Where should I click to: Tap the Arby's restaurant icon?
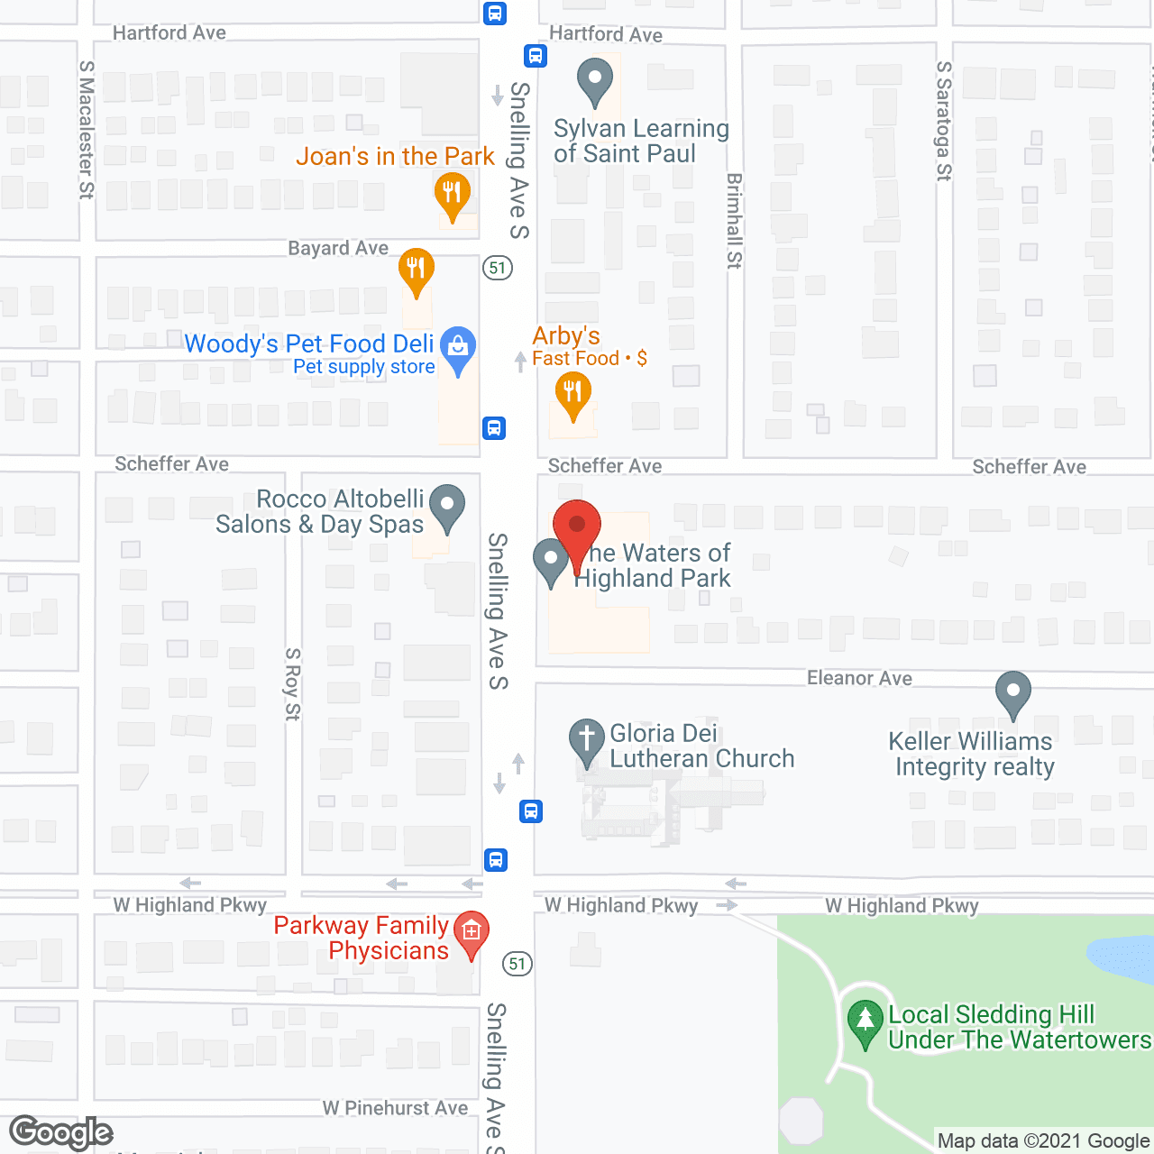point(572,394)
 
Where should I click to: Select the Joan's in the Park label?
point(395,157)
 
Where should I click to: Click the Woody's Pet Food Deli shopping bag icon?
point(458,347)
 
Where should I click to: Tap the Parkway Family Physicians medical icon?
point(471,932)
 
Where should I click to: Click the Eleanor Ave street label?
point(859,678)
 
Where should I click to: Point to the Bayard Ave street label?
point(338,248)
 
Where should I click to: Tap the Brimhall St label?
point(735,221)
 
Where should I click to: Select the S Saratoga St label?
point(944,121)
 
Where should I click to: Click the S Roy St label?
point(292,683)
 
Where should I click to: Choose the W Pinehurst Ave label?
point(396,1108)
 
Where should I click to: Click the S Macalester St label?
point(87,129)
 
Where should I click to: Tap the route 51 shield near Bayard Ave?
point(498,268)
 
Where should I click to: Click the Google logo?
point(61,1132)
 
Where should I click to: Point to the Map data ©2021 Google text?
point(1043,1141)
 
